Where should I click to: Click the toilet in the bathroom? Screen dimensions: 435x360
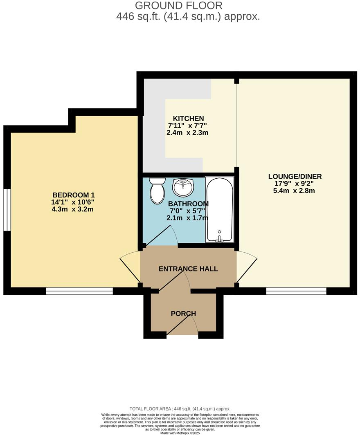pos(157,191)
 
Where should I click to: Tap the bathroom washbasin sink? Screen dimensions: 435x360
pos(183,188)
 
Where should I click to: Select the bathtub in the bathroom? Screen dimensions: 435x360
pos(220,209)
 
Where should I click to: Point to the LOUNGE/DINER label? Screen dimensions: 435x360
pos(295,177)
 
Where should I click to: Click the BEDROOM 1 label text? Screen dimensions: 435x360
pos(76,195)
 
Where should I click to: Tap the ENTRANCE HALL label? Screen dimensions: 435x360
pos(188,269)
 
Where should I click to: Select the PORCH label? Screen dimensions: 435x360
pos(183,314)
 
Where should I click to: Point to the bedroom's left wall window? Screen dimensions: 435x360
pos(7,209)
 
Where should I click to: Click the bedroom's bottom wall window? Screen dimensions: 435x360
pos(79,291)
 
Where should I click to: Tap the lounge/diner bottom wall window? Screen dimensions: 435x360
pos(296,291)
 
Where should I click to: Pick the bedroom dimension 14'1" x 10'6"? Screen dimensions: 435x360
pos(76,202)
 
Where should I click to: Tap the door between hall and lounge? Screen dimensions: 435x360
pos(247,266)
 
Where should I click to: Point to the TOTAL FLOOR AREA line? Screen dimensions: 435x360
pos(180,408)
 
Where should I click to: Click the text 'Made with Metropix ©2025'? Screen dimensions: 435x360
pos(180,433)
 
